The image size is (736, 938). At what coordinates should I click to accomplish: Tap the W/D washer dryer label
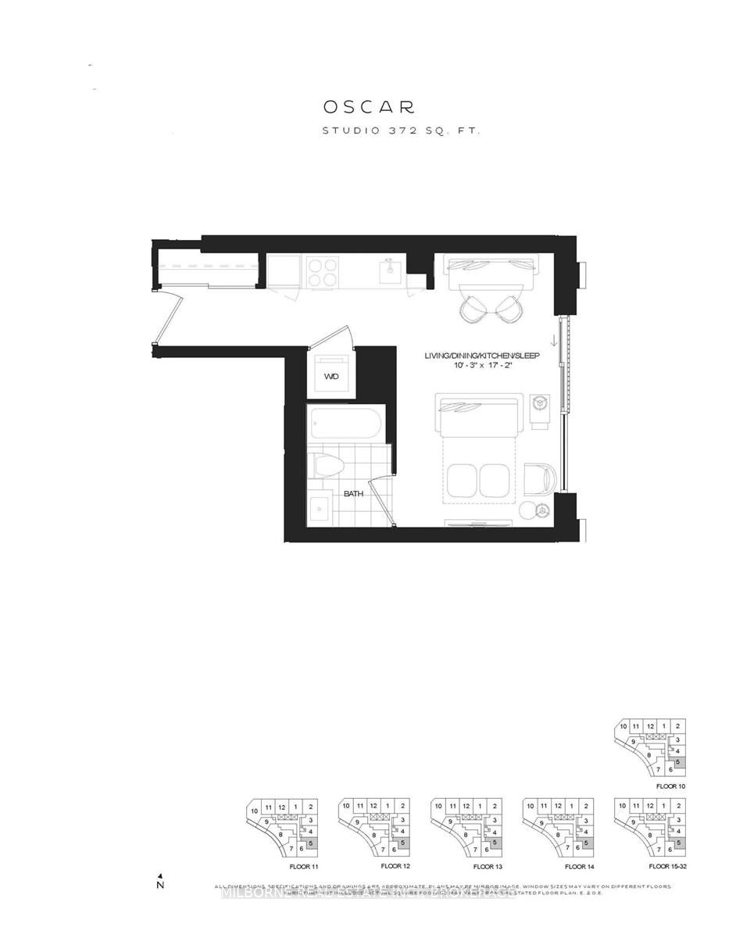tap(331, 376)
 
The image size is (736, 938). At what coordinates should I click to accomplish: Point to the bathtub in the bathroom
tap(345, 425)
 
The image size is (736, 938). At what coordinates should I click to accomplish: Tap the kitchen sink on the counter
tap(390, 271)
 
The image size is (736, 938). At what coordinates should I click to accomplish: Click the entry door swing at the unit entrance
tap(168, 317)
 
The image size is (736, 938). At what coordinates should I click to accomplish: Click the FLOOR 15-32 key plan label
tap(668, 867)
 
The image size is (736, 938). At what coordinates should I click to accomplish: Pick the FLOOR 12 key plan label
tap(395, 867)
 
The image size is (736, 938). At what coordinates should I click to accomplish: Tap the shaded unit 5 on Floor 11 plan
tap(311, 843)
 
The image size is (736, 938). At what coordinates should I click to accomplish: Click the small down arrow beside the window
tap(553, 341)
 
